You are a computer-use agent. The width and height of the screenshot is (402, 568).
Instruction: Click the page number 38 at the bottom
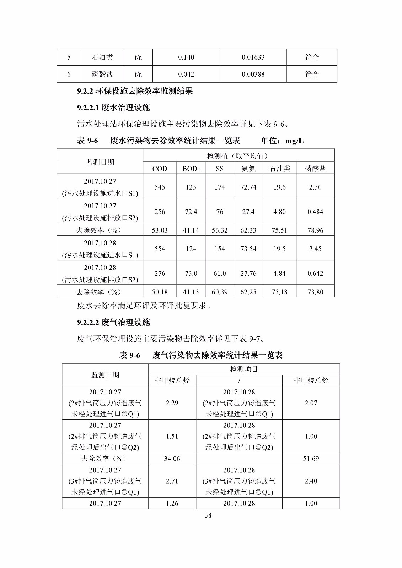coord(208,515)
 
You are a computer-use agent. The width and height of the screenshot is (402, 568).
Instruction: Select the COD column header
coord(160,169)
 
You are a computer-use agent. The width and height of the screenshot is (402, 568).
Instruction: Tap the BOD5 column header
coord(191,169)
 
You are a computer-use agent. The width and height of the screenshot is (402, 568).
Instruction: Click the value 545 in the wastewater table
coord(160,187)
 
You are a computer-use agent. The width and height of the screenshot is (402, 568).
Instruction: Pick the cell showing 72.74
coord(248,187)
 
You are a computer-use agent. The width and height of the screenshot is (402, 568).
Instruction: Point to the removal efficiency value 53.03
coord(160,230)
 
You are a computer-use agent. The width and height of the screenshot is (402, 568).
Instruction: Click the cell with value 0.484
coord(315,212)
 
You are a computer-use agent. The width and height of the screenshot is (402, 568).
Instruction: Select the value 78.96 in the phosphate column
coord(315,230)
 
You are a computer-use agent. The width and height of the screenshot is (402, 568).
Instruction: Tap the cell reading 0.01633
coord(253,57)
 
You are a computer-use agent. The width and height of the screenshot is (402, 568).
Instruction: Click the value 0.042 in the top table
coord(186,74)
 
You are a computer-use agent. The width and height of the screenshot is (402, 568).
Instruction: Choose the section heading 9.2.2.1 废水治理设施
coord(113,108)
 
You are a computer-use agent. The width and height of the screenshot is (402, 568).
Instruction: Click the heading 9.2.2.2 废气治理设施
coord(113,322)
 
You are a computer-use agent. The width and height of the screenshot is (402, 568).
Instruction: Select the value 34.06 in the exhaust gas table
coord(172,459)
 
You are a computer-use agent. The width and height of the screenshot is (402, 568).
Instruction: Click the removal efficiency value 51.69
coord(311,459)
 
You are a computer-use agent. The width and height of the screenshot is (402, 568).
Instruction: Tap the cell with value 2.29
coord(172,403)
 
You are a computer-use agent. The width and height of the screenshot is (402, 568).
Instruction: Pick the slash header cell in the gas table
coord(239,381)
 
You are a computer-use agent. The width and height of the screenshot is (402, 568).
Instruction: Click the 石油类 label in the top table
coord(102,57)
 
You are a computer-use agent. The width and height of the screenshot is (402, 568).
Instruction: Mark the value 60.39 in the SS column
coord(220,292)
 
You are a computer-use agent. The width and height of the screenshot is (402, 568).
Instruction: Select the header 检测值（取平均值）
coord(238,156)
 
